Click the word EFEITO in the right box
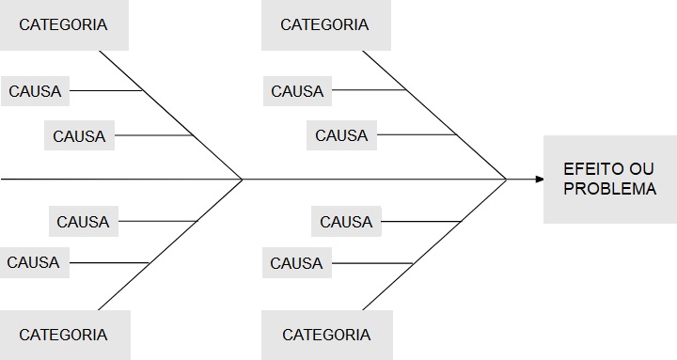click(x=587, y=169)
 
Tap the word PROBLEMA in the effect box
click(x=609, y=189)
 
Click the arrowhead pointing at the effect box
click(x=539, y=179)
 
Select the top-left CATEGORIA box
click(x=63, y=24)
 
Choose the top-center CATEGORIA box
click(x=324, y=24)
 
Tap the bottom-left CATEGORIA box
click(x=63, y=335)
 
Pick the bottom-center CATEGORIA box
click(x=326, y=335)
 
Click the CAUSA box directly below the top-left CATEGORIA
click(x=35, y=91)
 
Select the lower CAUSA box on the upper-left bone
click(x=79, y=135)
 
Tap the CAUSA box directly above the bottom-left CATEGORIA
click(x=33, y=263)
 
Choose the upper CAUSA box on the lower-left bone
click(x=83, y=222)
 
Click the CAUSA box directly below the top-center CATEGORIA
click(x=297, y=91)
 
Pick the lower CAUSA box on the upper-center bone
click(x=341, y=135)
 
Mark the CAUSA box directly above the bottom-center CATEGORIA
click(x=296, y=263)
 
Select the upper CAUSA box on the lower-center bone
click(x=346, y=222)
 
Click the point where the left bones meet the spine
click(x=243, y=179)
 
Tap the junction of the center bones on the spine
click(x=506, y=179)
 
